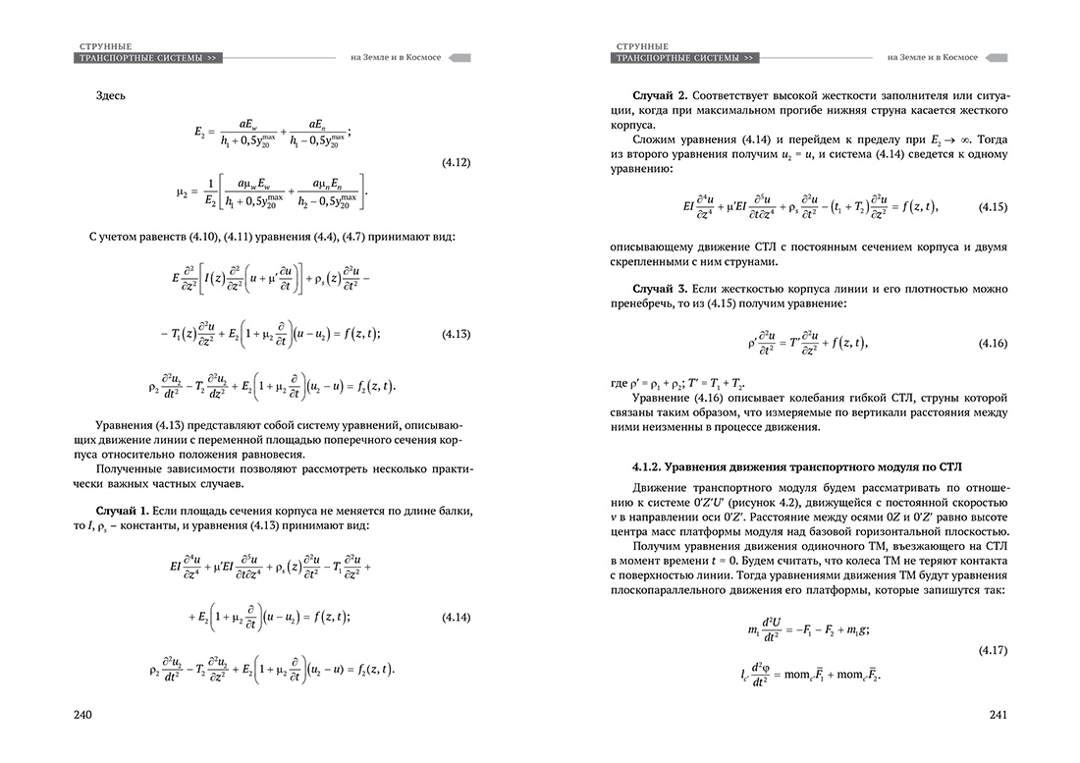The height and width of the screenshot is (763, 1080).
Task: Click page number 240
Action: (82, 714)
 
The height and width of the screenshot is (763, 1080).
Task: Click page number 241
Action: (998, 714)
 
